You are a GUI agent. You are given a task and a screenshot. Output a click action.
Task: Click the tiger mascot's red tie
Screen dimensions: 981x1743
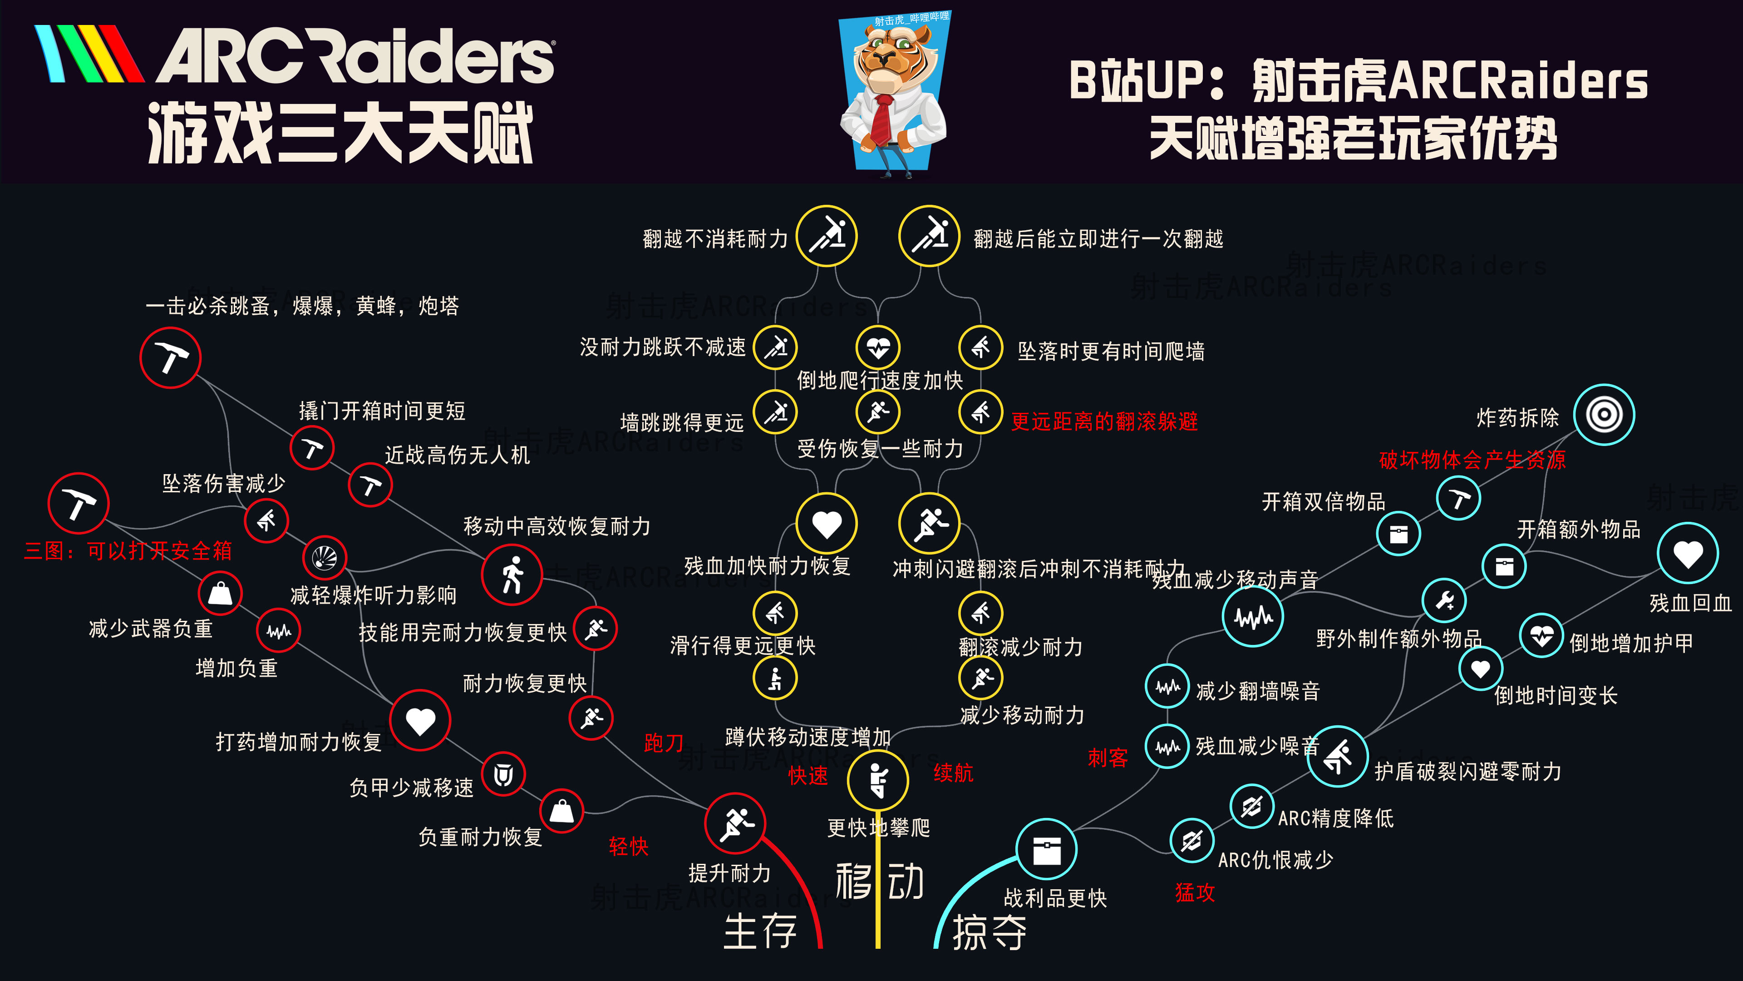tap(881, 119)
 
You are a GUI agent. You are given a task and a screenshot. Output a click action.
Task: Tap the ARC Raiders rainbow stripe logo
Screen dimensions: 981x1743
tap(88, 54)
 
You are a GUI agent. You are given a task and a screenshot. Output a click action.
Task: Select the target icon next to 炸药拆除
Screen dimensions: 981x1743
tap(1604, 414)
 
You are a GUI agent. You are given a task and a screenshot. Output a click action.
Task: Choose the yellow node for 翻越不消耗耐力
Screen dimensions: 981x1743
tap(826, 236)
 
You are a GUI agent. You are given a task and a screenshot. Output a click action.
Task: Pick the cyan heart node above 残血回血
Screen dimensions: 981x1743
tap(1688, 553)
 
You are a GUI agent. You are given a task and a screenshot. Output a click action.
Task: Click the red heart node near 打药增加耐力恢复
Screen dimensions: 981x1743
tap(420, 720)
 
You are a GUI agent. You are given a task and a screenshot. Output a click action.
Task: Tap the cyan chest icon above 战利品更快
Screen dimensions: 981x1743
tap(1046, 850)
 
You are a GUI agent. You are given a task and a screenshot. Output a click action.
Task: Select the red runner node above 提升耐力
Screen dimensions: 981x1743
tap(735, 823)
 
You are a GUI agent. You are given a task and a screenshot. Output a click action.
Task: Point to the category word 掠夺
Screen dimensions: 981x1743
tap(989, 932)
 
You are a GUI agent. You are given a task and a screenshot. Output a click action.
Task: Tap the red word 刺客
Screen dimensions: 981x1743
tap(1108, 758)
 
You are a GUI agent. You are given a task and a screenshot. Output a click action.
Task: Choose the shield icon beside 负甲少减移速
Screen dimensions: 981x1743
tap(503, 774)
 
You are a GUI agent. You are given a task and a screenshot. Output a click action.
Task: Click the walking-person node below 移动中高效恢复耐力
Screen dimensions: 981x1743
tap(512, 575)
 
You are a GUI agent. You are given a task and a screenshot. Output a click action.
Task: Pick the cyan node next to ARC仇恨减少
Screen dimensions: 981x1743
tap(1192, 841)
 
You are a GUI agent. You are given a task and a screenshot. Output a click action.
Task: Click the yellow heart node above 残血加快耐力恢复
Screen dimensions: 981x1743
tap(826, 523)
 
